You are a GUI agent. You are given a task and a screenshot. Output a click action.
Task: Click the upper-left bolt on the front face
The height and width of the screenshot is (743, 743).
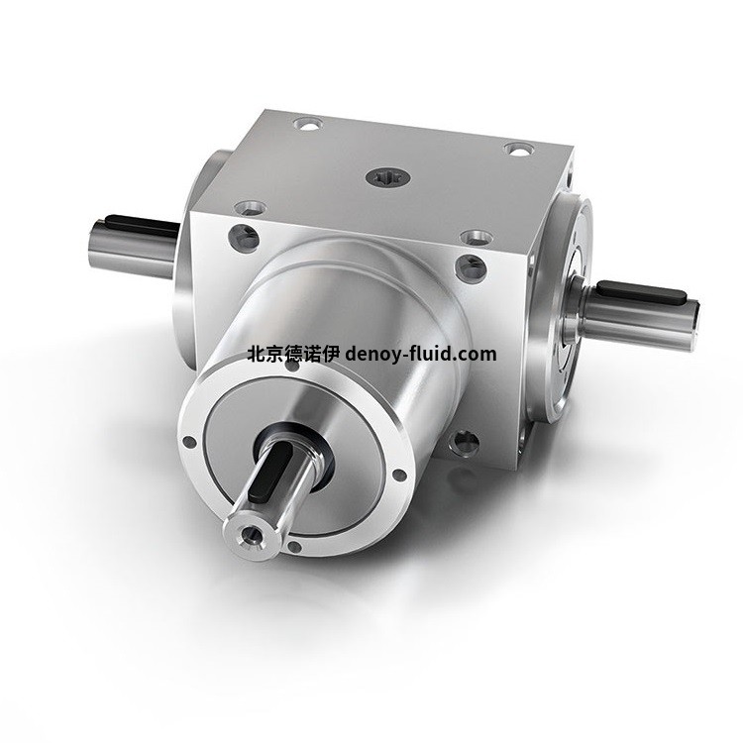click(x=241, y=237)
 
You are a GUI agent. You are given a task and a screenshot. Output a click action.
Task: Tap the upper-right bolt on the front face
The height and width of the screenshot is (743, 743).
click(x=471, y=266)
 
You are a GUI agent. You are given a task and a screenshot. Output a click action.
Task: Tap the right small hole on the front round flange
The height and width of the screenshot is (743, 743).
click(x=398, y=475)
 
